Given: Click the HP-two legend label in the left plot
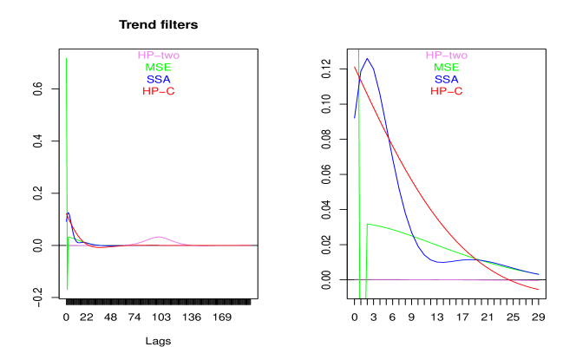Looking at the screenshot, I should pyautogui.click(x=159, y=56).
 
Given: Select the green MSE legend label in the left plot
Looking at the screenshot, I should pyautogui.click(x=159, y=68).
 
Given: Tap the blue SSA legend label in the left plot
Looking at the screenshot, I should pyautogui.click(x=159, y=80).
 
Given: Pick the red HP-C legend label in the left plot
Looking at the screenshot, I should pyautogui.click(x=159, y=91).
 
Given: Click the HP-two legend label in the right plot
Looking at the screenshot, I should pyautogui.click(x=447, y=56).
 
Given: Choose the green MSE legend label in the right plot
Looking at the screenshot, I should pyautogui.click(x=447, y=68).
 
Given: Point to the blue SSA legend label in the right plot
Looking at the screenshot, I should pyautogui.click(x=447, y=80).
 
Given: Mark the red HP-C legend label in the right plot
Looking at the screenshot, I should pyautogui.click(x=447, y=91).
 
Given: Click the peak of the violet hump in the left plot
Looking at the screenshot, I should pyautogui.click(x=158, y=237).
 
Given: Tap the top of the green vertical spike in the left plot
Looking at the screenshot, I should pyautogui.click(x=67, y=58).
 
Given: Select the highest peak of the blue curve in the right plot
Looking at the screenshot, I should pyautogui.click(x=368, y=59).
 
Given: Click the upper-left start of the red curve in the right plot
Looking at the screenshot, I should pyautogui.click(x=355, y=66).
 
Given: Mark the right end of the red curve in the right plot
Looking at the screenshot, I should pyautogui.click(x=540, y=290).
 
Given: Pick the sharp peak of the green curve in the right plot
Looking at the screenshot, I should pyautogui.click(x=367, y=224).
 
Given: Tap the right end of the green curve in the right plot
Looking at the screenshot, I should pyautogui.click(x=540, y=274).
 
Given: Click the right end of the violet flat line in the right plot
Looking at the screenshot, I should pyautogui.click(x=540, y=281).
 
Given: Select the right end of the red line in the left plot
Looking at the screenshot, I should pyautogui.click(x=251, y=245).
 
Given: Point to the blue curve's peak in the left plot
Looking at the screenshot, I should pyautogui.click(x=68, y=213).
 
